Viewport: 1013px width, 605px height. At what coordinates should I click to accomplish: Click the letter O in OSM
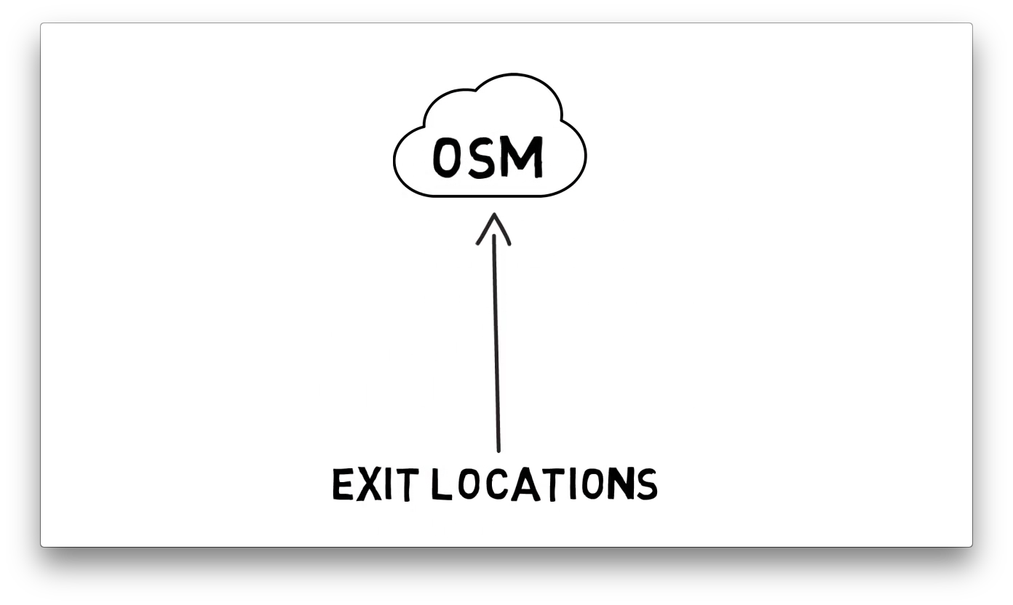click(x=447, y=158)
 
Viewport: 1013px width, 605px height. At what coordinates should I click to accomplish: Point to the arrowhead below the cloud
click(x=494, y=228)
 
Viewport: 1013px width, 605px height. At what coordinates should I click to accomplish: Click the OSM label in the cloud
click(x=488, y=157)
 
